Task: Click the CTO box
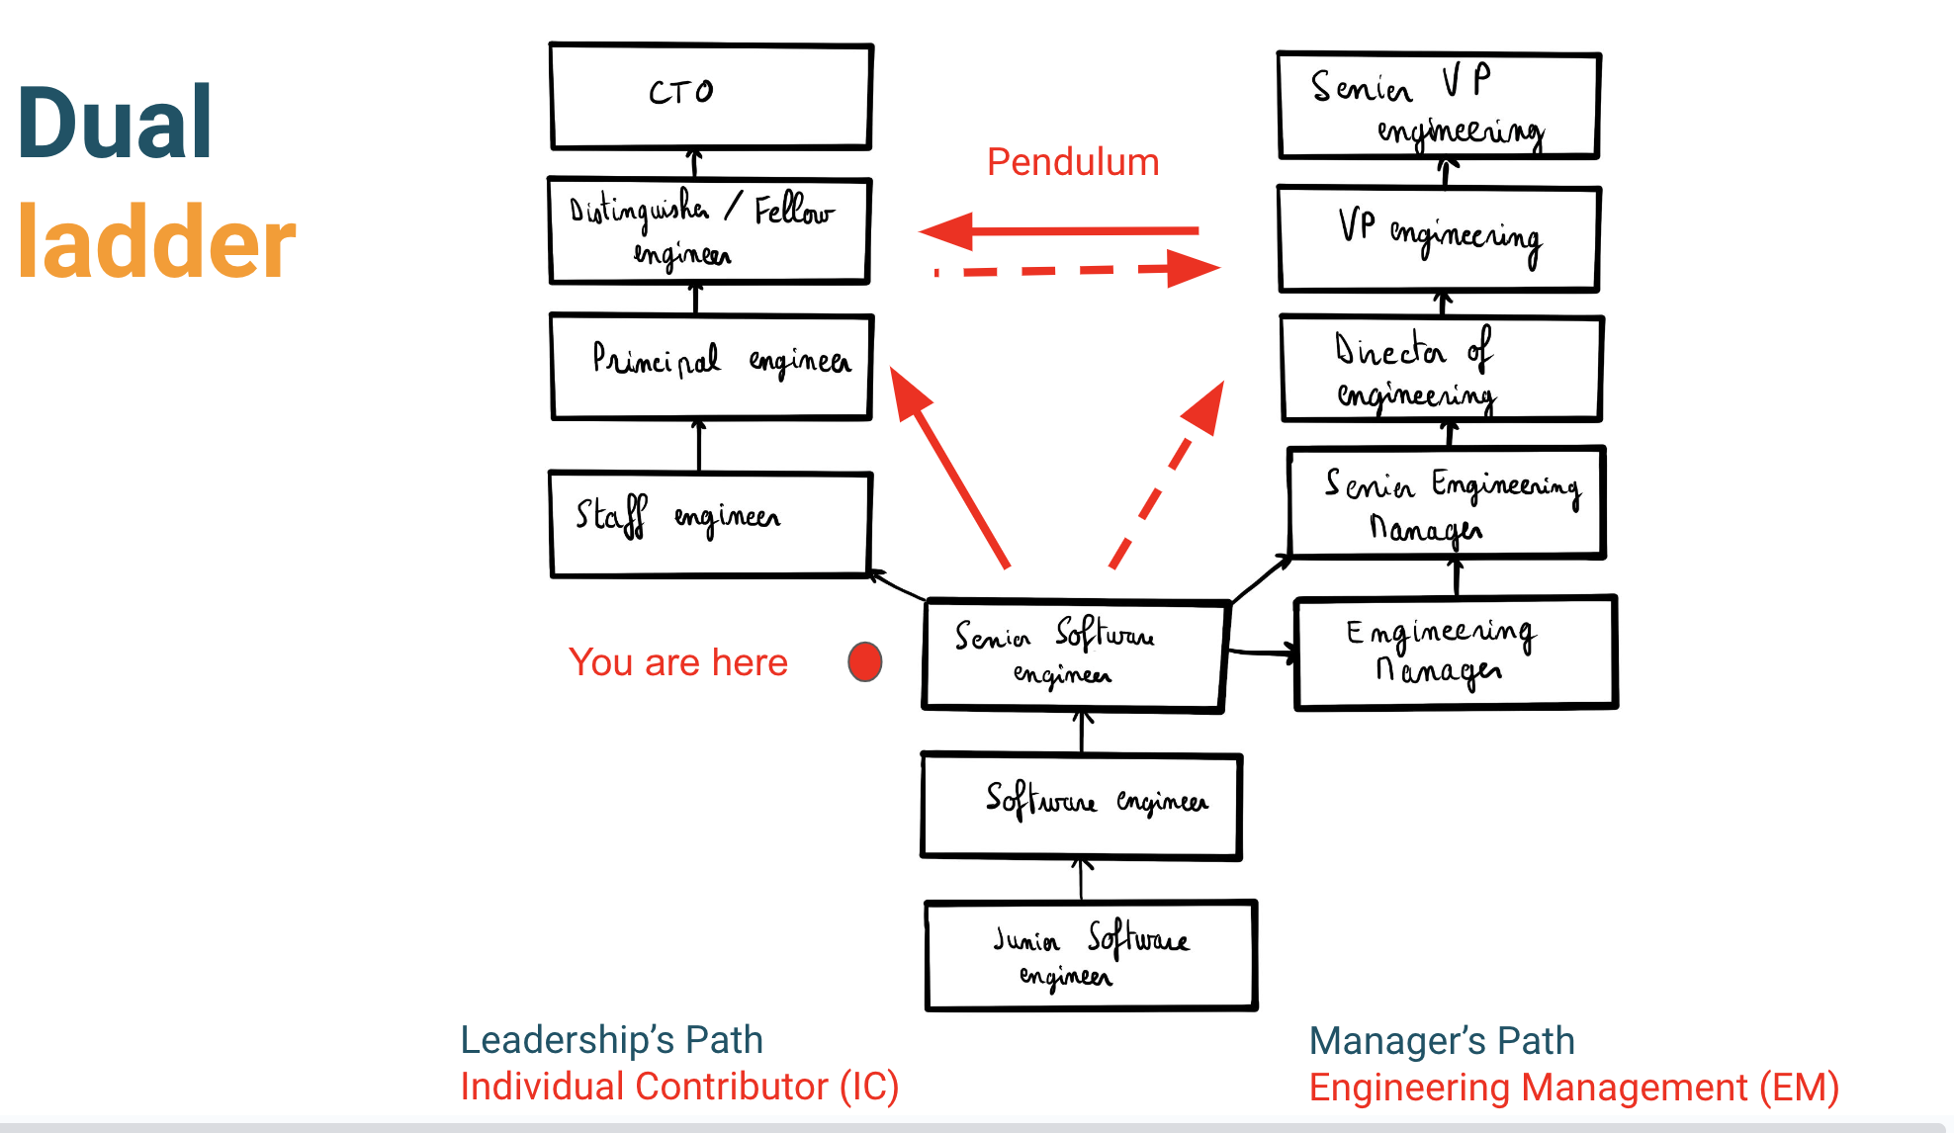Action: (711, 96)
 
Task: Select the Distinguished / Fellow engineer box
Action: (709, 231)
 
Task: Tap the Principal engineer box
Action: (711, 366)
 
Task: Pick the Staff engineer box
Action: (710, 523)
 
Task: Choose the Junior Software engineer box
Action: (1091, 955)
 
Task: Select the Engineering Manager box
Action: (1455, 653)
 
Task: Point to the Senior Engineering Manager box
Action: (1446, 502)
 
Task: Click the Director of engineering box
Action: (1441, 369)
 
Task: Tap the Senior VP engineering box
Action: (1439, 106)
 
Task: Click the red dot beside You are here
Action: (864, 661)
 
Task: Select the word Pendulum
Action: (1073, 162)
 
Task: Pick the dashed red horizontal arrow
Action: (1078, 269)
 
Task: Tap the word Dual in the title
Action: (115, 123)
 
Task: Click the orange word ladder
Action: (156, 243)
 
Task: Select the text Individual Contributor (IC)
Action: (679, 1087)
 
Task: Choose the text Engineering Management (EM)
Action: (1573, 1088)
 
